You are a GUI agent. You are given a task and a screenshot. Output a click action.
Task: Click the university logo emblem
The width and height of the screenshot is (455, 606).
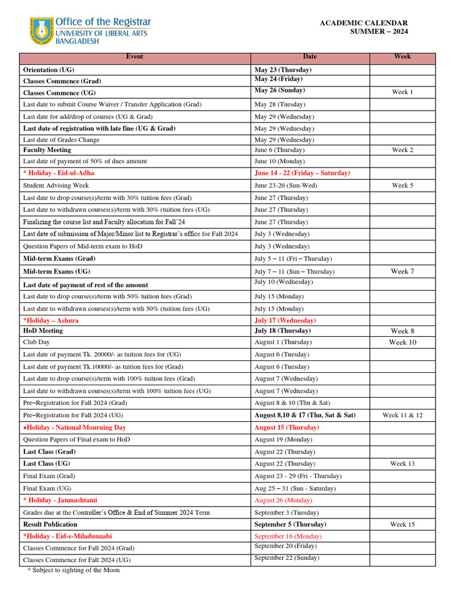coord(41,31)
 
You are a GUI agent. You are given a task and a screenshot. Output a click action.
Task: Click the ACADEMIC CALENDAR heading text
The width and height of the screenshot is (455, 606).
coord(363,23)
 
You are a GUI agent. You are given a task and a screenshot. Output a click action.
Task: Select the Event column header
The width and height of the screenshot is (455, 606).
coord(134,57)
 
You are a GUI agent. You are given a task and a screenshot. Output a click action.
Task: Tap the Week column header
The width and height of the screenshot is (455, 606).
coord(402,57)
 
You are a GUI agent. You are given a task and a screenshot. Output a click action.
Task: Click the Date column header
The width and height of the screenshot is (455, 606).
coord(310,57)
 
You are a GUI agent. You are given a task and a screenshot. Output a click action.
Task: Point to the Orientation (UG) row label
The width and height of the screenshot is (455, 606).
coord(49,70)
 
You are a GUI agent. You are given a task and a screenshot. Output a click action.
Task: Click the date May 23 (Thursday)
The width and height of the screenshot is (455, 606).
coord(283,70)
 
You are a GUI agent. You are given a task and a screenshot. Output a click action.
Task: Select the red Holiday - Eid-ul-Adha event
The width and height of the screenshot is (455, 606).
coord(59,173)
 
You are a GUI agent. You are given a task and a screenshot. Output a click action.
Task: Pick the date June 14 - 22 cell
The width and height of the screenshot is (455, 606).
coord(302,173)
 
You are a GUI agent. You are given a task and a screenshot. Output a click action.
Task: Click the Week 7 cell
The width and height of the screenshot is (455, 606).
coord(402,272)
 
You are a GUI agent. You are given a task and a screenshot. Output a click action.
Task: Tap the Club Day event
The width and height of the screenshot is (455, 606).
coord(36,342)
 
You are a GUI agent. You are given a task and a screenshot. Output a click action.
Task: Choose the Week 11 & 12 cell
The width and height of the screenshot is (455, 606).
coord(402,415)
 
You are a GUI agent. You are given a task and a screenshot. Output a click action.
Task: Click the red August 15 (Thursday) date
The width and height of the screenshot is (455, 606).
coord(287,427)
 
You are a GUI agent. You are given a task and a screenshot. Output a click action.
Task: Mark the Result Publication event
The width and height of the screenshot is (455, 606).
coord(50,524)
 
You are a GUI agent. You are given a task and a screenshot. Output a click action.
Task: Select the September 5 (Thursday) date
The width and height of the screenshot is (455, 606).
coord(290,524)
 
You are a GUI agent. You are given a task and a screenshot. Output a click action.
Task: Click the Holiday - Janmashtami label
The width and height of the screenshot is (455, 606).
coord(60,500)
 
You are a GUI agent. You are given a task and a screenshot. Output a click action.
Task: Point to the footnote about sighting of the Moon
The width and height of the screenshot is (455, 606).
coord(73,570)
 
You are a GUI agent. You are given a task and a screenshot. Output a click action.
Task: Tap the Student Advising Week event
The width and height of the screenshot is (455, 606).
coord(56,186)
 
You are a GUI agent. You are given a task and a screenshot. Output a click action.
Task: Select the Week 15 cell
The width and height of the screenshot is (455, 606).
coord(402,524)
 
